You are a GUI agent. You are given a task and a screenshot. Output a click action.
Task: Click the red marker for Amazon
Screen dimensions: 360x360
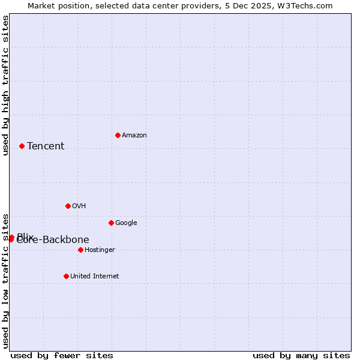(118, 135)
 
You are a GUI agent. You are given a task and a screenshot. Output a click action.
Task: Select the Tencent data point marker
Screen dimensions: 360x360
(22, 146)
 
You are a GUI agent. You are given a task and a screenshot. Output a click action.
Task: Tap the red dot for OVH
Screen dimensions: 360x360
(68, 206)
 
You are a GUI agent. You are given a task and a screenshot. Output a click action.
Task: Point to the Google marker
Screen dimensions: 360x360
(111, 223)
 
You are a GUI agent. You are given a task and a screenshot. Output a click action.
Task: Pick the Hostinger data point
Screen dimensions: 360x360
(80, 250)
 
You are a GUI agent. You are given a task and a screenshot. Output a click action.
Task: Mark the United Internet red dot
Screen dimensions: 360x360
(66, 276)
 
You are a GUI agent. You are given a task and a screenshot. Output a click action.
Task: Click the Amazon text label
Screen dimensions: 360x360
(134, 135)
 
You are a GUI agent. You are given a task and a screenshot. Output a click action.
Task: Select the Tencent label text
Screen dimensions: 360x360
(46, 146)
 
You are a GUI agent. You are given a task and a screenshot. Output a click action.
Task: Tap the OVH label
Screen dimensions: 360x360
(79, 206)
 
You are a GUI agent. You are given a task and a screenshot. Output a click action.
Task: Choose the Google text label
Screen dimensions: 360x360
(126, 223)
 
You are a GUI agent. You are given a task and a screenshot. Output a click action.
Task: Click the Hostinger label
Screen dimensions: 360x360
(100, 250)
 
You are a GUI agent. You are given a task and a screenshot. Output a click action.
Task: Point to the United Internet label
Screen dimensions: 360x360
(94, 276)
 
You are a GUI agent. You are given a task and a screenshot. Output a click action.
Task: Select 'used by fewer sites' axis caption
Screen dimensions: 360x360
(62, 355)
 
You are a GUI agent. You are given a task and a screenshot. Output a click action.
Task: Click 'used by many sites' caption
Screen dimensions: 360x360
(301, 355)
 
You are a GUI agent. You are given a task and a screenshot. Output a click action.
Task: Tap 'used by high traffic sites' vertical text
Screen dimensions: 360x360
(5, 86)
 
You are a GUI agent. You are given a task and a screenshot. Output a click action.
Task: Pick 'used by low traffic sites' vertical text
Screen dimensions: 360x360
(5, 280)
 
